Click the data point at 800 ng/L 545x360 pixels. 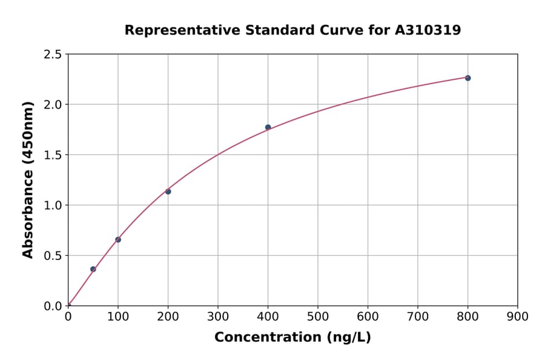[x=467, y=78]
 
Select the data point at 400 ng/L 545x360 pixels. [x=268, y=127]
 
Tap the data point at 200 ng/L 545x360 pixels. [x=168, y=192]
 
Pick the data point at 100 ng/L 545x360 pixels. [x=118, y=239]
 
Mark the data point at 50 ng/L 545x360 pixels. [x=93, y=269]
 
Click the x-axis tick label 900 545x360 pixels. [x=518, y=316]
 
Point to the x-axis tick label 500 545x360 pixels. [x=318, y=316]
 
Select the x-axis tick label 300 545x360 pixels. [x=218, y=316]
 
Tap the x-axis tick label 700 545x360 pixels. [x=418, y=316]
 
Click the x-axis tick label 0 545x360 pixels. [x=68, y=316]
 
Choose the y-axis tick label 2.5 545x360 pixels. [x=53, y=55]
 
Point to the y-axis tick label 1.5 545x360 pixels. [x=53, y=155]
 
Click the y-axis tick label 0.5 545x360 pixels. [x=53, y=256]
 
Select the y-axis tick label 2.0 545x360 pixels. [x=53, y=105]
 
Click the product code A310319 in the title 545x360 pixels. [x=428, y=30]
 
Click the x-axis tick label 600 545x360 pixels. [x=368, y=316]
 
